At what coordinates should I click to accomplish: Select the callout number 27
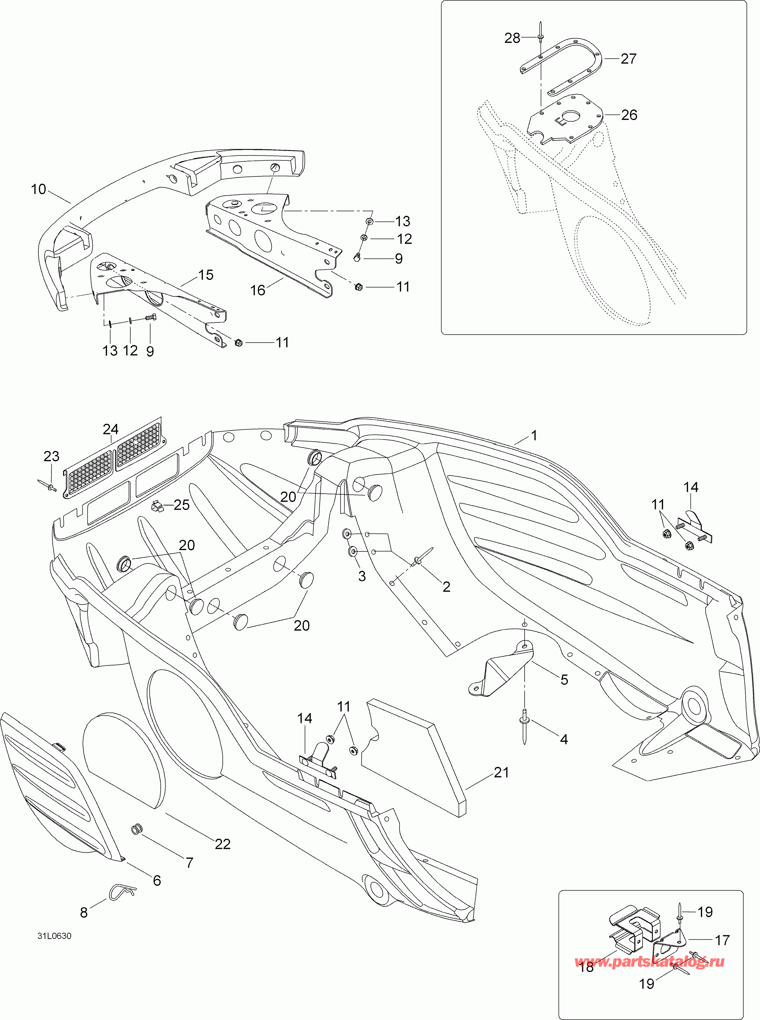pyautogui.click(x=629, y=59)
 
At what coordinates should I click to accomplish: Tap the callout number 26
pyautogui.click(x=629, y=115)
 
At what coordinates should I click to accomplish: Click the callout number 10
pyautogui.click(x=39, y=189)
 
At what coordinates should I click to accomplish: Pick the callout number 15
pyautogui.click(x=206, y=275)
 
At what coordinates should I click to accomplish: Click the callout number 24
pyautogui.click(x=111, y=429)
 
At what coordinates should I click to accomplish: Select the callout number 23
pyautogui.click(x=52, y=456)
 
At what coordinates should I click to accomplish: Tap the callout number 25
pyautogui.click(x=182, y=505)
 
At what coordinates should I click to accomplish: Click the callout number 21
pyautogui.click(x=501, y=772)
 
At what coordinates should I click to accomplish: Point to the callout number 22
pyautogui.click(x=223, y=844)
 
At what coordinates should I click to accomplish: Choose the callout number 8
pyautogui.click(x=84, y=912)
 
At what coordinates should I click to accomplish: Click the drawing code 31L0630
pyautogui.click(x=55, y=936)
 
